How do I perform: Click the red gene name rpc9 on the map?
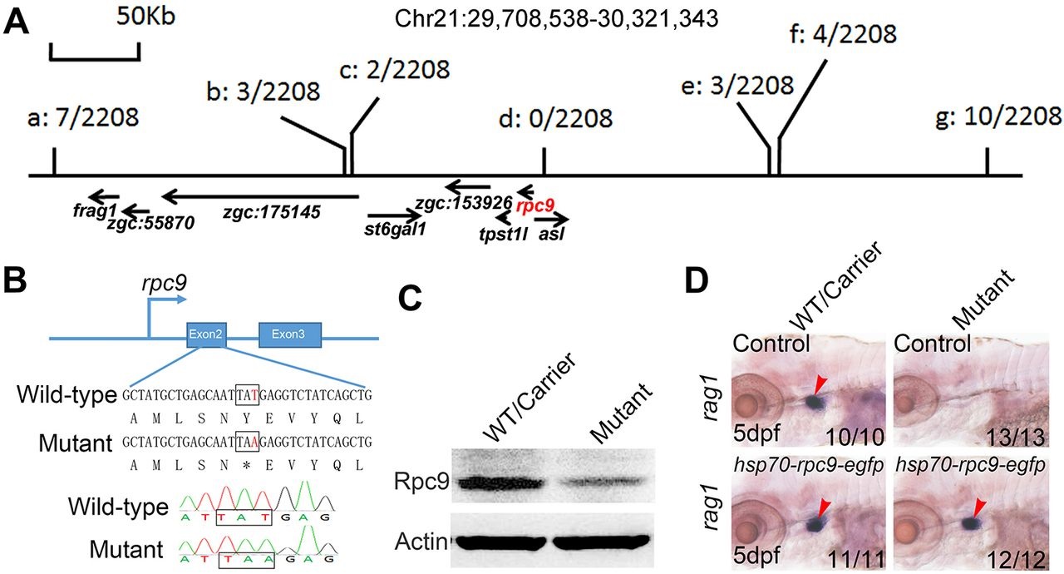(x=534, y=205)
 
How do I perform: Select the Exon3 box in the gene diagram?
(x=289, y=334)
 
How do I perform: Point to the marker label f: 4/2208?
(x=842, y=35)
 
